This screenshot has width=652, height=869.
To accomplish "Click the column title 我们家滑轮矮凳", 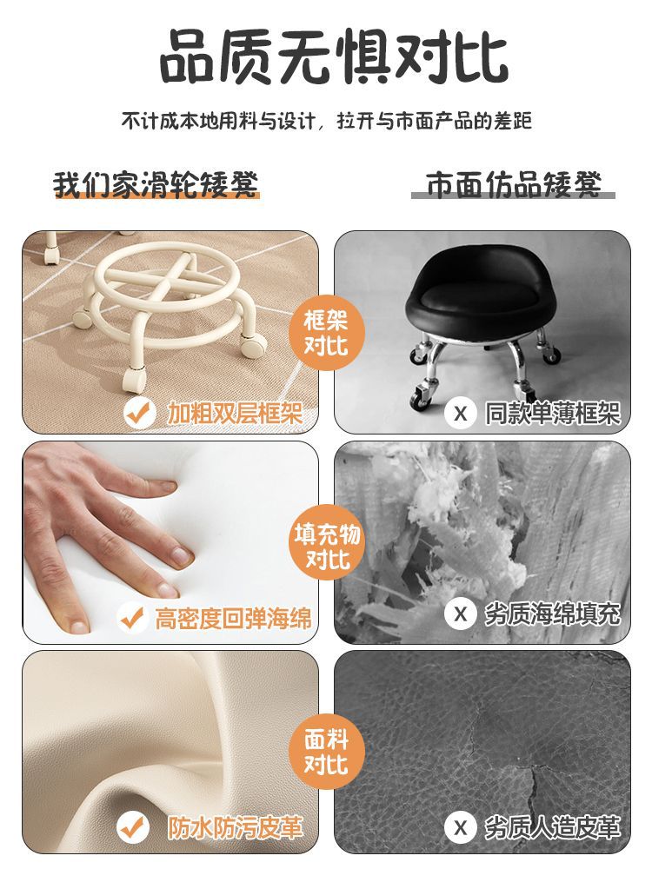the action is [x=156, y=184].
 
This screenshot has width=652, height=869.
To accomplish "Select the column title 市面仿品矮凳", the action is [x=514, y=184].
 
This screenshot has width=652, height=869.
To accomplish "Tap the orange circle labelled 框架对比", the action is [x=327, y=334].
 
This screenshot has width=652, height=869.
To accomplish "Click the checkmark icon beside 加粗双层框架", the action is [x=138, y=413].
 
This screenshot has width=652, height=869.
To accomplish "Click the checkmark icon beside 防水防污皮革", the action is [x=133, y=828].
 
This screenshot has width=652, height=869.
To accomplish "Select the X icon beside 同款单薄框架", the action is [x=460, y=414].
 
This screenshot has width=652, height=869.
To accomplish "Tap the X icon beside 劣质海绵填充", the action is [x=460, y=614].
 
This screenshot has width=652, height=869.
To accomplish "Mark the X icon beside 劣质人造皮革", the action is [x=460, y=827].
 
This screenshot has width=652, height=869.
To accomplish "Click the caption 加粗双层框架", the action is [x=235, y=413].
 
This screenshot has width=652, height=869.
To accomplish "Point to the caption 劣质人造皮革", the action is [x=552, y=827].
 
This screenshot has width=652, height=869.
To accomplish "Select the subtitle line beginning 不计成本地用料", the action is [x=327, y=120].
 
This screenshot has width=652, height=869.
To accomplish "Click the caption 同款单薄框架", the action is [x=552, y=414].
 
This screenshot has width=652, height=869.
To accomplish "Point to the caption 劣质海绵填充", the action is [x=552, y=614].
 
